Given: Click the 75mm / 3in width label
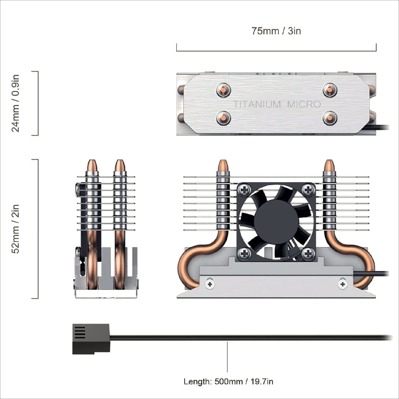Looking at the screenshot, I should (276, 31).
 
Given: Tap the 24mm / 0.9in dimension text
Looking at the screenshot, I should (15, 103).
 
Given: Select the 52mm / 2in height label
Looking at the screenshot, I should (15, 229).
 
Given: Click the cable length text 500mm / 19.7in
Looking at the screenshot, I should (228, 382).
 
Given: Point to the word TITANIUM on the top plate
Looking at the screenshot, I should (257, 104).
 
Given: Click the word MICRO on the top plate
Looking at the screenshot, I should (304, 104).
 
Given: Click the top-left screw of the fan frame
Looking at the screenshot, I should (245, 189).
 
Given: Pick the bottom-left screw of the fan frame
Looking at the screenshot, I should (245, 254).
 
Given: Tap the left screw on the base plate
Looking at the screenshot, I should (210, 284).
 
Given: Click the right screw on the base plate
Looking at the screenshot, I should (343, 284).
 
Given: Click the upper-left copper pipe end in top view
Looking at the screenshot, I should (224, 90).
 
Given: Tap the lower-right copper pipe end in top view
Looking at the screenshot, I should (329, 118).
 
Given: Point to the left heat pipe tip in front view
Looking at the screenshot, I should (223, 165).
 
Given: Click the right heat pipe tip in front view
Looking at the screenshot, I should (329, 165).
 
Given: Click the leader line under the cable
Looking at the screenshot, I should (227, 357).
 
